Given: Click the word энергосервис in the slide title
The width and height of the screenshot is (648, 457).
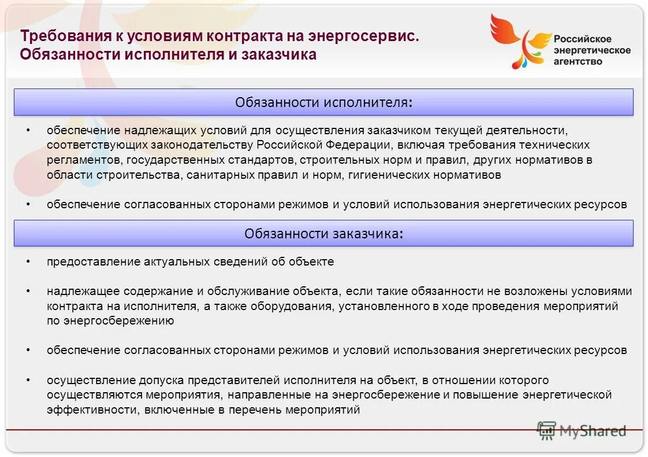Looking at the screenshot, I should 365,36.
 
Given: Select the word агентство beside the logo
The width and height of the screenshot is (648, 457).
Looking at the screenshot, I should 578,61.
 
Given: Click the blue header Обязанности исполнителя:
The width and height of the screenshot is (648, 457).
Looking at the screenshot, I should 323,102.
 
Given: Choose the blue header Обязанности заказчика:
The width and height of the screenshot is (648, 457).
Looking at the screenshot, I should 323,234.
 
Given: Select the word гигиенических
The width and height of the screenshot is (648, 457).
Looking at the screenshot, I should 389,175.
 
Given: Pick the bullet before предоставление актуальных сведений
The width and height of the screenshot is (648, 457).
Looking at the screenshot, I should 28,261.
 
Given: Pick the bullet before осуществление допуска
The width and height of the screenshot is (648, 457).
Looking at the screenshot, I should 28,381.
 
